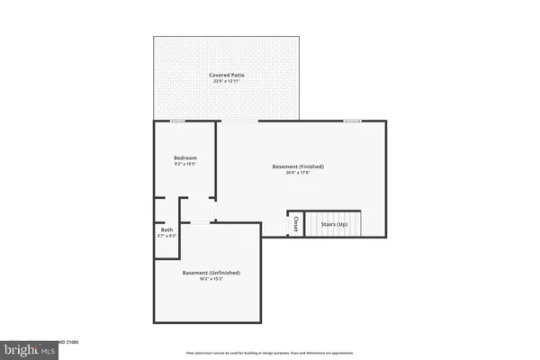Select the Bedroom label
coord(184,158)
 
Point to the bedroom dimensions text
coord(184,166)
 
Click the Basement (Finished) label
coord(298,166)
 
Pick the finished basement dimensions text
coord(298,174)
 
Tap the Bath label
coord(166,229)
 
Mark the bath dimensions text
coord(166,236)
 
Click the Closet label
coord(295,224)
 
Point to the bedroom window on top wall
coord(178,121)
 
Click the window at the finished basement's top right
coord(353,121)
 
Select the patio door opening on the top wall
coord(238,121)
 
